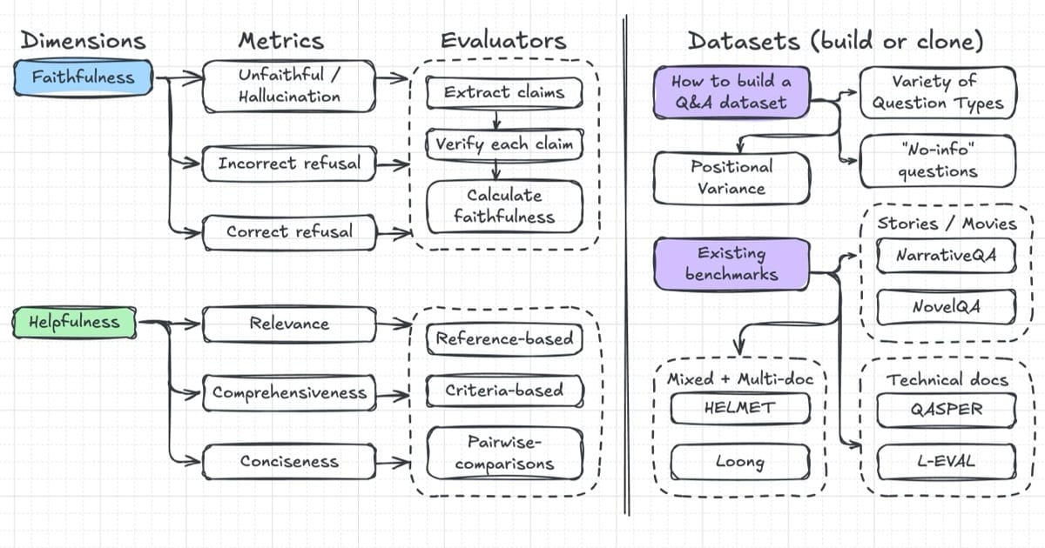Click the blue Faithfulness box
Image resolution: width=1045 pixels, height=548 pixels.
point(83,77)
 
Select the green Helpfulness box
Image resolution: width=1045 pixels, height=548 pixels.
point(75,322)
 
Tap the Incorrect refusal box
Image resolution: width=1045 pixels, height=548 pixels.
point(289,164)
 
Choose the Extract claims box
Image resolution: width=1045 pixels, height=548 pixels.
point(504,93)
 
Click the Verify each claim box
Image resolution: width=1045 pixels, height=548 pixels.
point(504,144)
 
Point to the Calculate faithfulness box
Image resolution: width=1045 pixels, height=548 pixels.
point(504,207)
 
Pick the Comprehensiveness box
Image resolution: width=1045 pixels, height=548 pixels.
point(289,393)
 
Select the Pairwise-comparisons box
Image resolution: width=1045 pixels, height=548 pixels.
point(504,453)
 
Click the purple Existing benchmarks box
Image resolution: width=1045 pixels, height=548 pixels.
point(731,264)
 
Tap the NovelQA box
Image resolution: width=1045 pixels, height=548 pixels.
point(946,307)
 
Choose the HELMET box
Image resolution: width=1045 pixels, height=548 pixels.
point(740,409)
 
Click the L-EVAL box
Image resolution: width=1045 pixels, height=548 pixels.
point(946,462)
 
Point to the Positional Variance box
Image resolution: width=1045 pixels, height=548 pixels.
point(731,178)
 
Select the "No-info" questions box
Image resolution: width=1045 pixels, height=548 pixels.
point(938,161)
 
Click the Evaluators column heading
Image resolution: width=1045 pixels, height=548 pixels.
point(504,41)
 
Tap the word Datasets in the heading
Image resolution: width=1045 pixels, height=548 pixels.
point(745,41)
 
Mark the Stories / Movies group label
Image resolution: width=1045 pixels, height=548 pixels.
point(947,224)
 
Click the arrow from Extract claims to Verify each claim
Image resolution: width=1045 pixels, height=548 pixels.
point(496,119)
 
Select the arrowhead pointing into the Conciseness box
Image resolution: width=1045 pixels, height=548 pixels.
point(193,461)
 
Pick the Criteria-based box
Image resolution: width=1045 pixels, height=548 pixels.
point(504,391)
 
